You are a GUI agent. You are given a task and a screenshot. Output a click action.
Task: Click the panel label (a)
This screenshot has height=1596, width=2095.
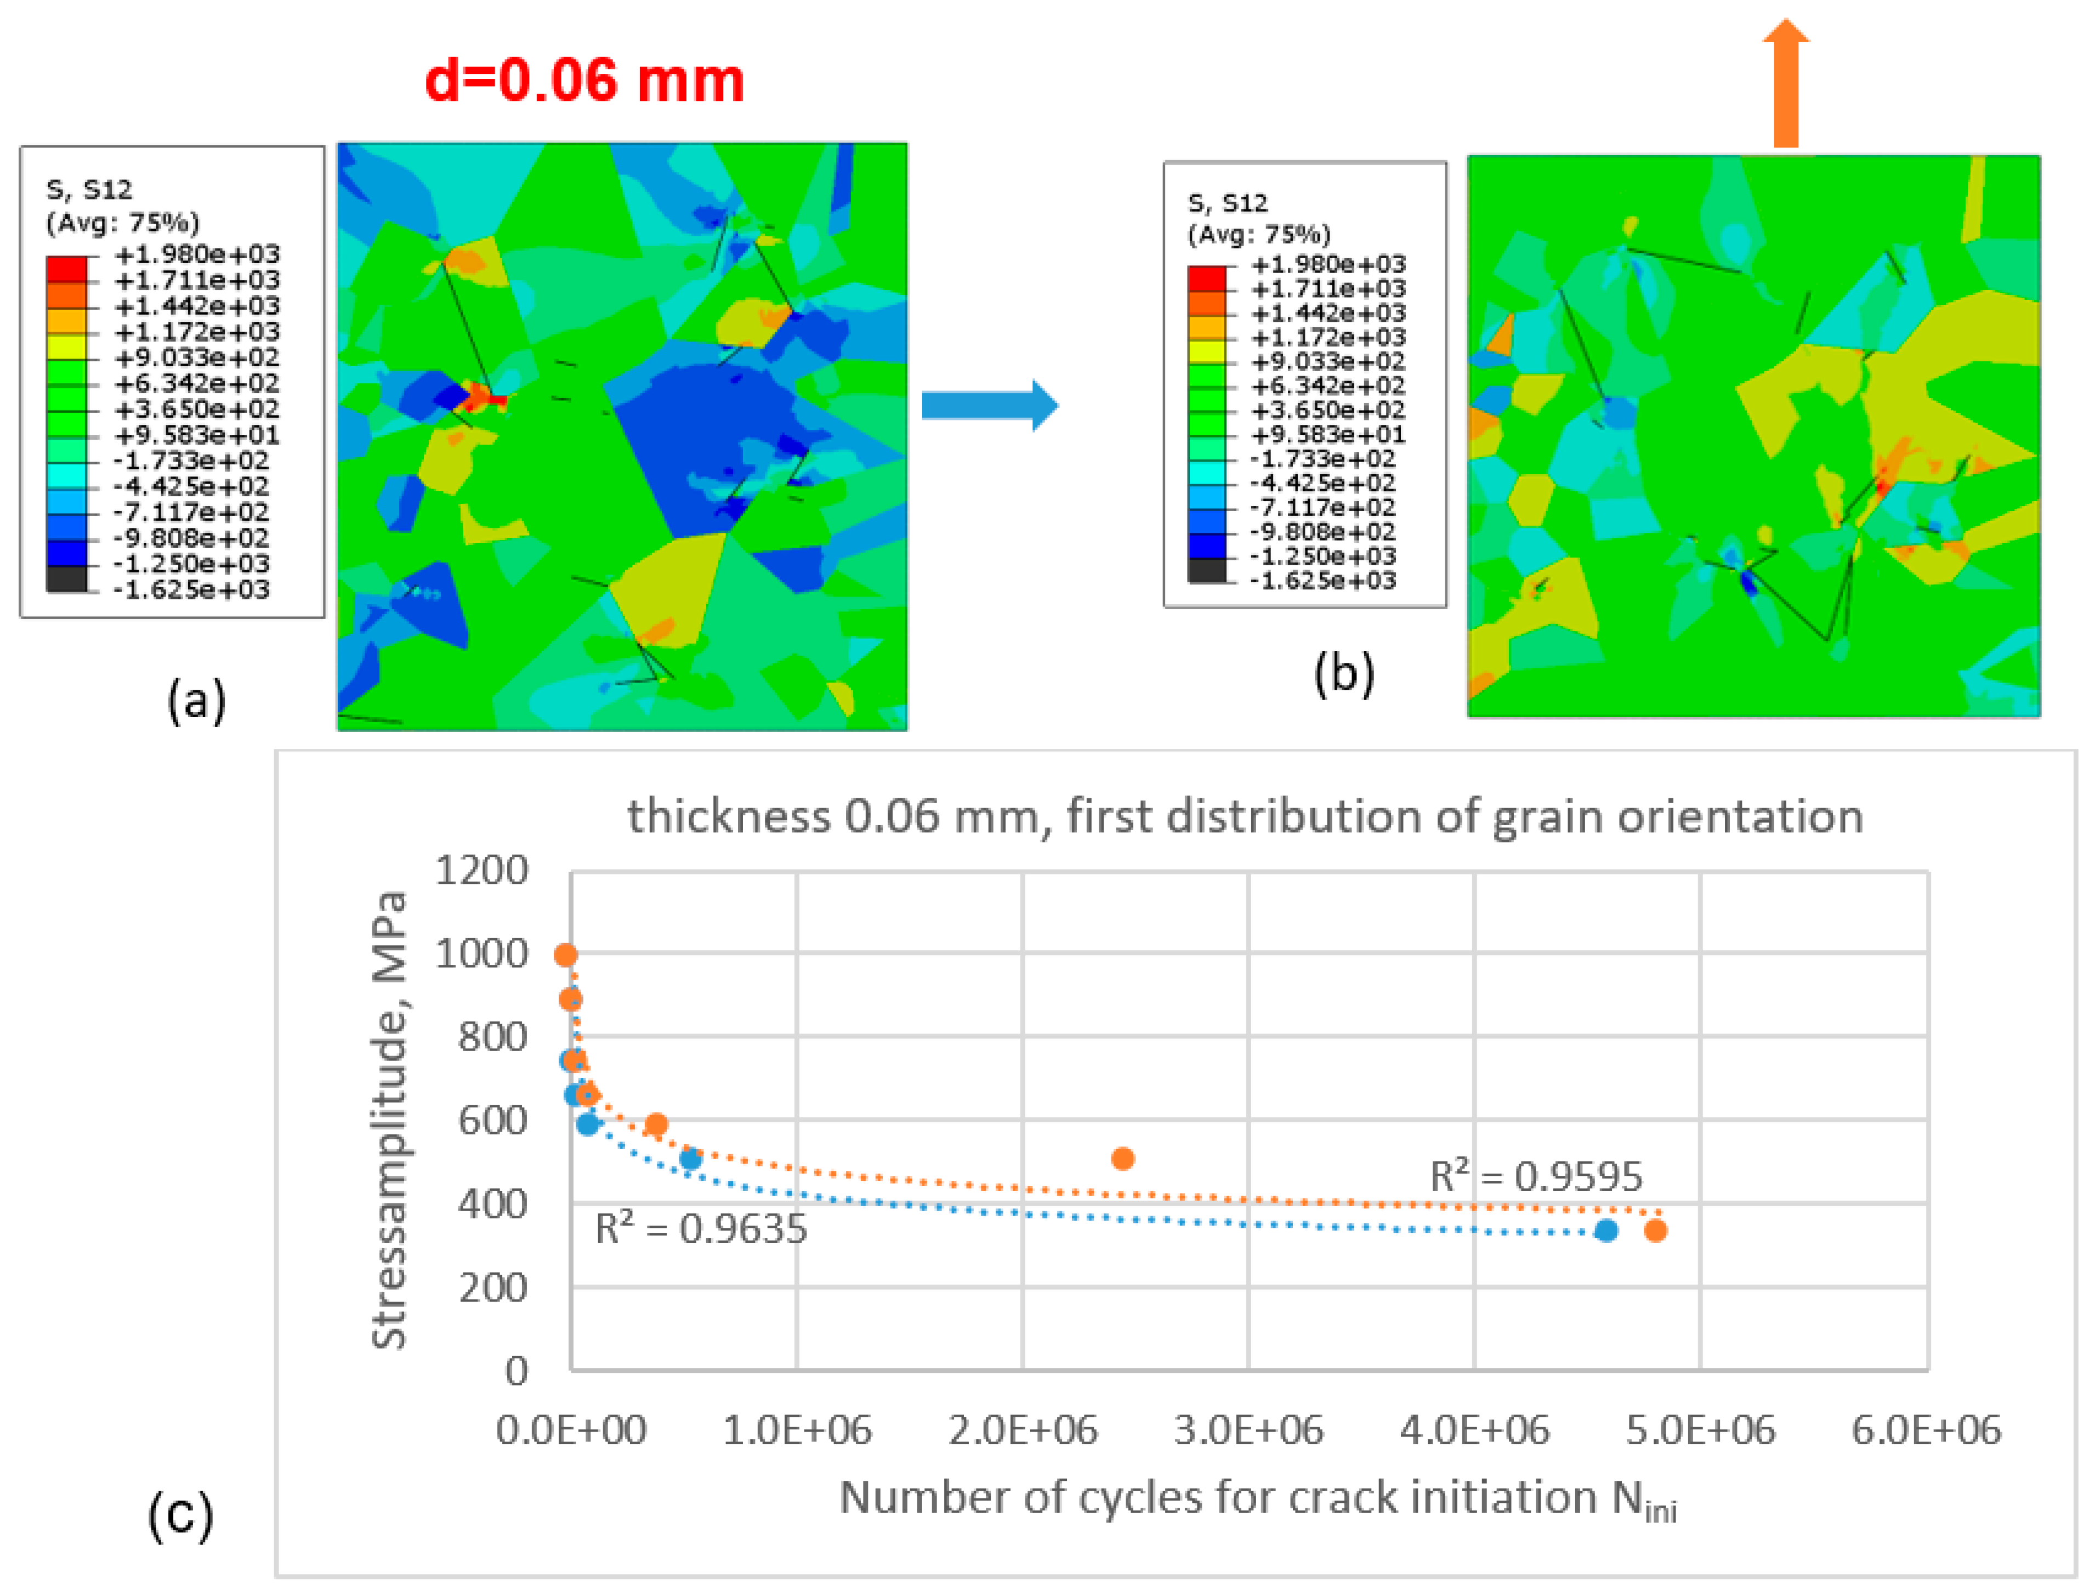pyautogui.click(x=197, y=701)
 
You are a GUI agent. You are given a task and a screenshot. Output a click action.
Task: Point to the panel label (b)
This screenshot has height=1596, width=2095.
pyautogui.click(x=1343, y=674)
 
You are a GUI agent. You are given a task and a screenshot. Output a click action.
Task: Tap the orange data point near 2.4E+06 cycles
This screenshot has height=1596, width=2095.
pyautogui.click(x=1122, y=1159)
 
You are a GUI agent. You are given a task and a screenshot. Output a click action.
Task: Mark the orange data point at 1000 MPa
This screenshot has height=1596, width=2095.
pyautogui.click(x=565, y=955)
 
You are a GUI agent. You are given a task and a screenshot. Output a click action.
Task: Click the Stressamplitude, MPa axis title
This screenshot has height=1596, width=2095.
pyautogui.click(x=389, y=1121)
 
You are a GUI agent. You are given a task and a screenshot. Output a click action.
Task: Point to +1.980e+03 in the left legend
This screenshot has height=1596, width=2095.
pyautogui.click(x=197, y=254)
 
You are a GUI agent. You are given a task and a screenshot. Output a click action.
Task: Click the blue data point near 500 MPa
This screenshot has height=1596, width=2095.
pyautogui.click(x=691, y=1159)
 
